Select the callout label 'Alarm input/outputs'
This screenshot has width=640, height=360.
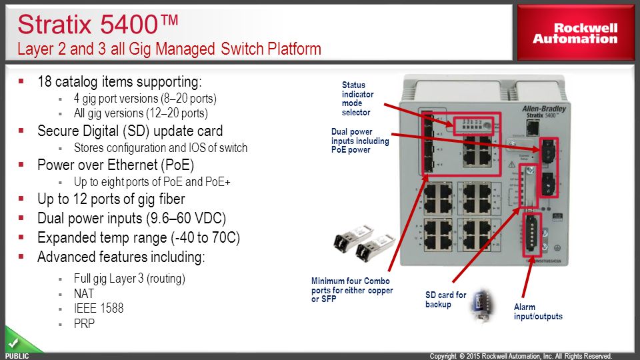click(538, 312)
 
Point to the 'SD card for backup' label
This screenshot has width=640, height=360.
click(446, 299)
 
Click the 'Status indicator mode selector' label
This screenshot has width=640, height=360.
click(357, 99)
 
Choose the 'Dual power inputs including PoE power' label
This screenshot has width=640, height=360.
click(360, 141)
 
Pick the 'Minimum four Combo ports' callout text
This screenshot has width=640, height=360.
click(352, 290)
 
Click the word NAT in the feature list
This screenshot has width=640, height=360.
click(84, 293)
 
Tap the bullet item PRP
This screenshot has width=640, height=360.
click(84, 324)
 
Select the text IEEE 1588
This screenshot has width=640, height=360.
click(99, 309)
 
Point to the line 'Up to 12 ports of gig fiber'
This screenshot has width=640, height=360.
click(111, 199)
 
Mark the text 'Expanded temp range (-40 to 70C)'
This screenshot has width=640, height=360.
click(138, 237)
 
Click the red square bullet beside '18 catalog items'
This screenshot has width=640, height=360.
click(21, 81)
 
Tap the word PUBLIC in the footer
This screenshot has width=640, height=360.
click(17, 356)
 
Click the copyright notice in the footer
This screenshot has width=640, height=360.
click(520, 356)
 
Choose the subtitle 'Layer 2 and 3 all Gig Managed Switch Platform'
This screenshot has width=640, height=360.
click(169, 49)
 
